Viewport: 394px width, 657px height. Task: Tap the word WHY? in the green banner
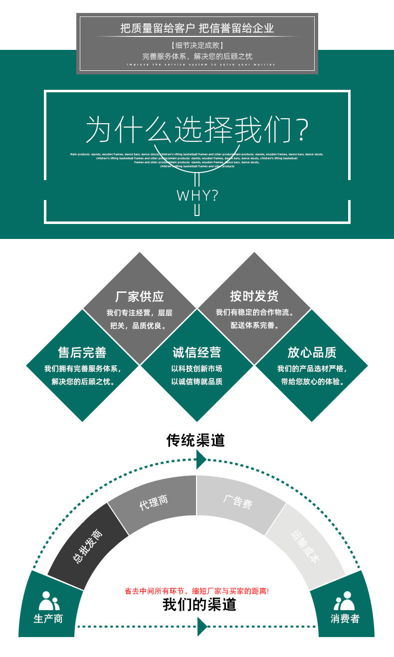pyautogui.click(x=197, y=195)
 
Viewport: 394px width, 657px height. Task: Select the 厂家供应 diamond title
pyautogui.click(x=140, y=296)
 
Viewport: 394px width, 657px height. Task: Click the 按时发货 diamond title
pyautogui.click(x=254, y=296)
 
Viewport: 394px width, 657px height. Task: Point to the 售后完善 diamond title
pyautogui.click(x=82, y=353)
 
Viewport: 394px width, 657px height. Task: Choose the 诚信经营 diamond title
pyautogui.click(x=197, y=353)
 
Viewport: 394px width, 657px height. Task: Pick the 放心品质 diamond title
pyautogui.click(x=312, y=353)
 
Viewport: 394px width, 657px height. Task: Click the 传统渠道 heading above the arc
pyautogui.click(x=196, y=440)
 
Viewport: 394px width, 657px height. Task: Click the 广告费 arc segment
pyautogui.click(x=237, y=501)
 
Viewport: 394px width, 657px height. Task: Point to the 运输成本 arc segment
pyautogui.click(x=305, y=546)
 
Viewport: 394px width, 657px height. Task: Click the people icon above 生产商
pyautogui.click(x=48, y=601)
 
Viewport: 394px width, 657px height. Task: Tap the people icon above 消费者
pyautogui.click(x=345, y=601)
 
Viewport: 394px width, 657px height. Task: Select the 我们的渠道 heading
pyautogui.click(x=199, y=605)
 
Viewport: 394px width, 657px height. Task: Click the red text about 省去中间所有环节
pyautogui.click(x=197, y=591)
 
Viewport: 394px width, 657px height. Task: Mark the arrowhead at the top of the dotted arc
pyautogui.click(x=201, y=459)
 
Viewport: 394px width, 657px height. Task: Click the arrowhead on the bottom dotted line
pyautogui.click(x=202, y=626)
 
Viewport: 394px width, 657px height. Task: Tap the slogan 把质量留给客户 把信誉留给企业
pyautogui.click(x=197, y=28)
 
